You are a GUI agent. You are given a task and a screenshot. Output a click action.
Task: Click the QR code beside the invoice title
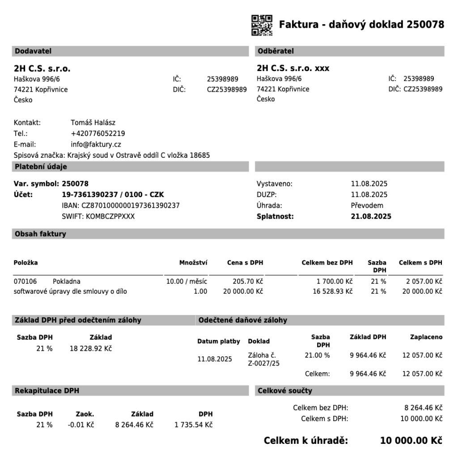tap(261, 25)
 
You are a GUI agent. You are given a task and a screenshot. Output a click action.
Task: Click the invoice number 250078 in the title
tap(425, 25)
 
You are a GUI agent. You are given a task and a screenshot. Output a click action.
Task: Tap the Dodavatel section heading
tap(33, 51)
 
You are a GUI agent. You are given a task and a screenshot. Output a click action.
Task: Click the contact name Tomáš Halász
tap(93, 122)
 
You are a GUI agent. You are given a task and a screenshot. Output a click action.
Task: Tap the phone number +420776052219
tap(98, 133)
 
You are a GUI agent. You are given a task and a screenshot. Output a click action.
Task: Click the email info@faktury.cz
tap(96, 144)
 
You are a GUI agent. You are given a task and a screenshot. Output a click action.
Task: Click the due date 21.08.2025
tap(371, 217)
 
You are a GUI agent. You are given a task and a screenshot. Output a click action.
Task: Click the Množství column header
tap(193, 263)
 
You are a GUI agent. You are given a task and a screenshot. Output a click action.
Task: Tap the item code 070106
tap(25, 281)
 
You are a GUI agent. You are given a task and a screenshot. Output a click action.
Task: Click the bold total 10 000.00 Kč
tap(411, 441)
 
